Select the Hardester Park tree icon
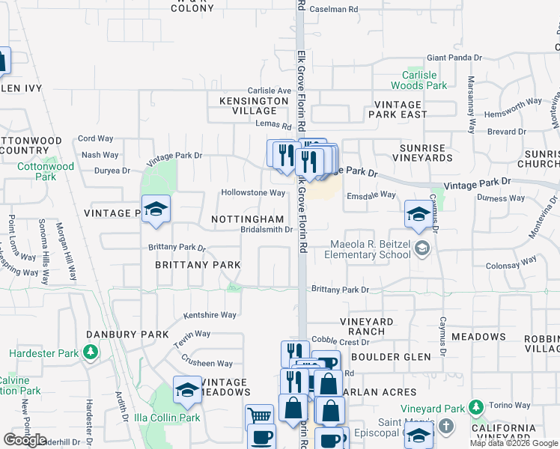91,351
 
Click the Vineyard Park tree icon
475,408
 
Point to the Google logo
25,440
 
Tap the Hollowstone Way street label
253,192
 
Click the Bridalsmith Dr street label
266,230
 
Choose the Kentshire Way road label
210,315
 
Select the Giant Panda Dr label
454,58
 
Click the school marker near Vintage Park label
156,210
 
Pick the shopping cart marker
259,416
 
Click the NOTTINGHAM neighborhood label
248,219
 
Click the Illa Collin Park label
167,418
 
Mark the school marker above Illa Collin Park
186,390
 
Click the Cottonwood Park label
46,171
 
